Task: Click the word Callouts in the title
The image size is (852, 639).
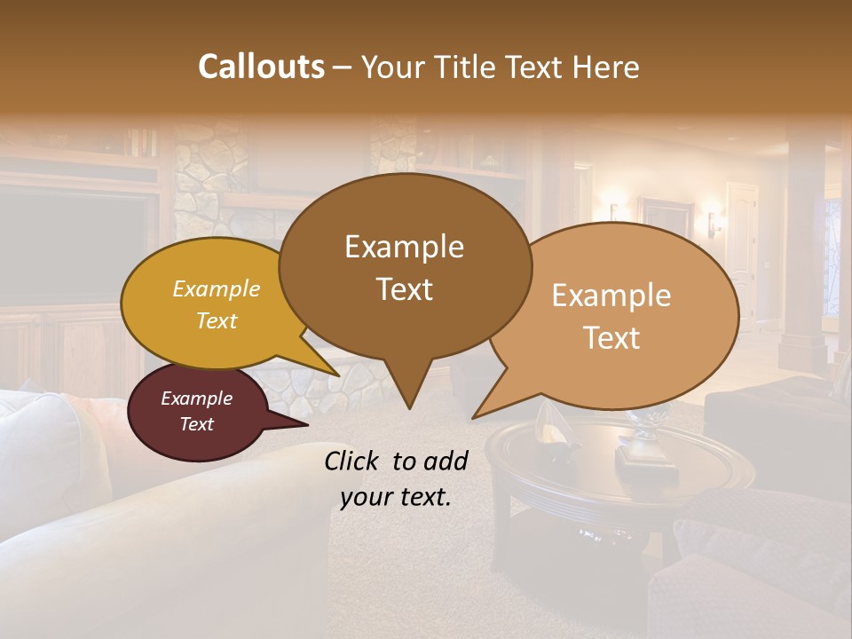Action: click(x=261, y=67)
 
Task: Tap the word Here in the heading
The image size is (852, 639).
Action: click(x=601, y=67)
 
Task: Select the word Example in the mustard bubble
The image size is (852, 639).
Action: click(x=216, y=288)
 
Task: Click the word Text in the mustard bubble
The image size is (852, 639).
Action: click(x=216, y=320)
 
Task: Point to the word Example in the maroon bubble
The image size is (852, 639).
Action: click(x=196, y=398)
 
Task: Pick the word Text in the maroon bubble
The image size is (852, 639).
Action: click(x=196, y=424)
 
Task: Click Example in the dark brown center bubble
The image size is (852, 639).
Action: click(x=404, y=247)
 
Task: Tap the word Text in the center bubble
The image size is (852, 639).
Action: click(x=404, y=289)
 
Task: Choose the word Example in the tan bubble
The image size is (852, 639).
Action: click(x=611, y=296)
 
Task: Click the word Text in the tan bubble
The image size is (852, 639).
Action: click(x=611, y=338)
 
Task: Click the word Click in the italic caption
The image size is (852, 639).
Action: click(x=353, y=461)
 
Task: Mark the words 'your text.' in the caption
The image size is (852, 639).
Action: click(x=396, y=497)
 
